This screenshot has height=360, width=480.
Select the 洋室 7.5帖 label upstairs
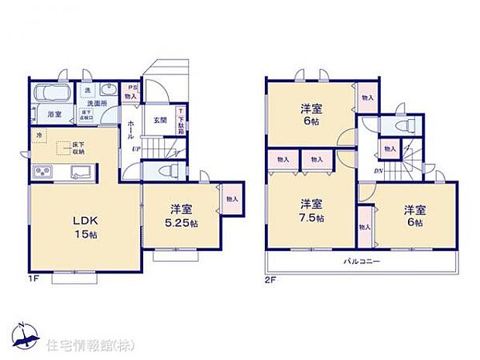pos(312,211)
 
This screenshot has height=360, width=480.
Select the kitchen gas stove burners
pos(43,171)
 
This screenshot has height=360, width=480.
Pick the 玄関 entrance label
pos(159,120)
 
